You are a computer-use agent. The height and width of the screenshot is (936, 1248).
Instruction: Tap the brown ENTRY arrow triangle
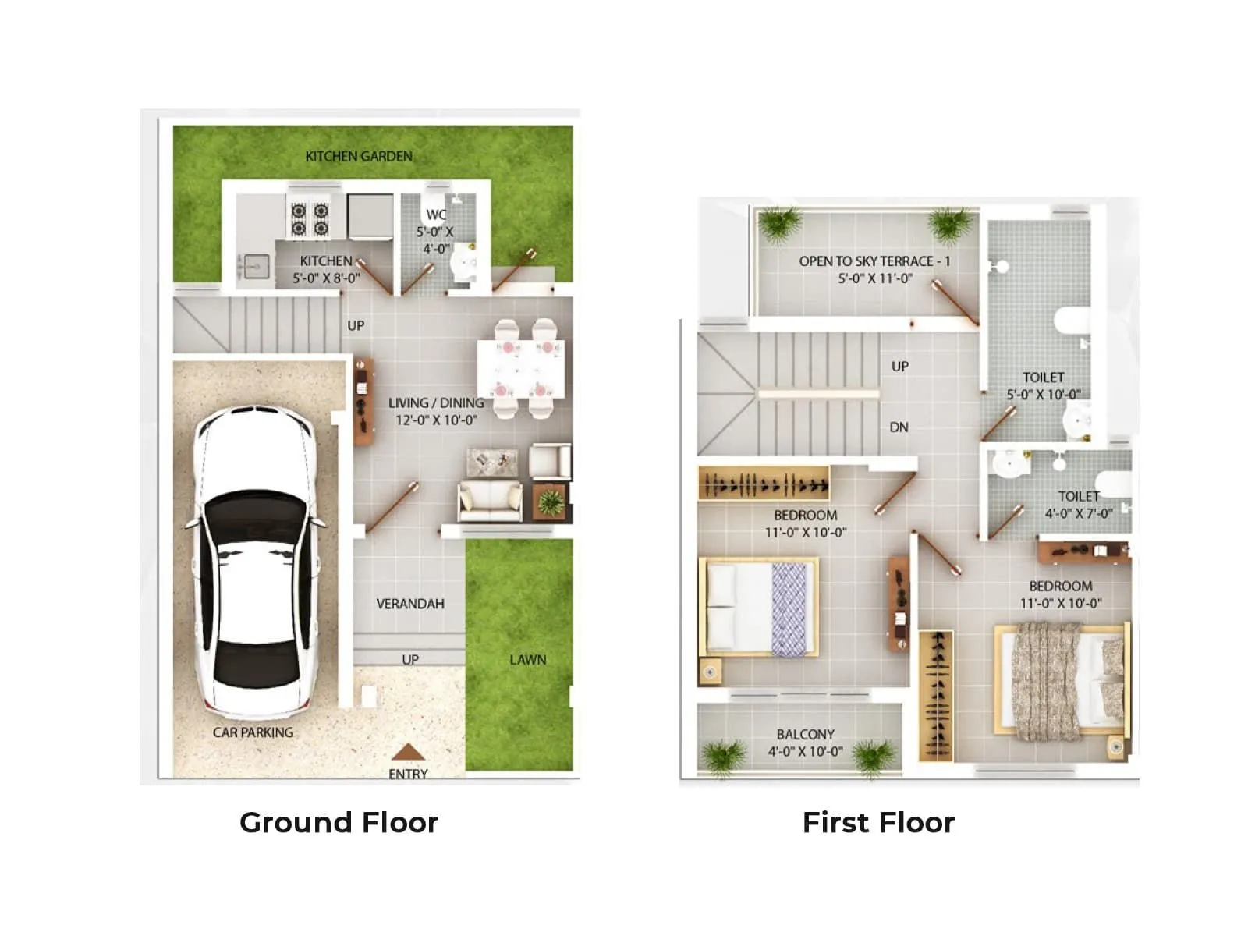pyautogui.click(x=408, y=753)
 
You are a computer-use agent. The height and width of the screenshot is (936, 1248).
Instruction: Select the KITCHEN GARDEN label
pyautogui.click(x=359, y=156)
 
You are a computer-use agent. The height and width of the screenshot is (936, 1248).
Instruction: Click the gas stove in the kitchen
pyautogui.click(x=310, y=219)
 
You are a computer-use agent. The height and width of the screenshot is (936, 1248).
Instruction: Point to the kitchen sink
pyautogui.click(x=254, y=267)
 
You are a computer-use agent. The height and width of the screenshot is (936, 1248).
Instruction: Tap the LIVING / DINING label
pyautogui.click(x=436, y=411)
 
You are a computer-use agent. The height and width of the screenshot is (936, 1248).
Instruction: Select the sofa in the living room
pyautogui.click(x=491, y=501)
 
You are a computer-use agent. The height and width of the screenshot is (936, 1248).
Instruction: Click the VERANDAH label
pyautogui.click(x=410, y=604)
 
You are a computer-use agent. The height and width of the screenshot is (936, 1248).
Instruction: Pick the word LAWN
pyautogui.click(x=528, y=660)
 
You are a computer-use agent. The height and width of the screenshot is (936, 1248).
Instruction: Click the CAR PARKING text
pyautogui.click(x=253, y=732)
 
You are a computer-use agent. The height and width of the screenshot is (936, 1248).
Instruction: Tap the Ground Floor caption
pyautogui.click(x=339, y=822)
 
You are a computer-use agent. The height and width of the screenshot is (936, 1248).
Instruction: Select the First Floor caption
pyautogui.click(x=878, y=822)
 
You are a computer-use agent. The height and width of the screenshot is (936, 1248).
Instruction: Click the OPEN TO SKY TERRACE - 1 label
pyautogui.click(x=874, y=269)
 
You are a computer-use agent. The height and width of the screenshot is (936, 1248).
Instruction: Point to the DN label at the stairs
pyautogui.click(x=899, y=427)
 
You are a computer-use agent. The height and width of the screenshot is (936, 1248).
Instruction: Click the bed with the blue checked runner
pyautogui.click(x=758, y=607)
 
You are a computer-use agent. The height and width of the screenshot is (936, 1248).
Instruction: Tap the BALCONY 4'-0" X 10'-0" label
pyautogui.click(x=805, y=743)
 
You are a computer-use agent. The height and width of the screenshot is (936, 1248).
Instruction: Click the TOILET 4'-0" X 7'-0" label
pyautogui.click(x=1079, y=505)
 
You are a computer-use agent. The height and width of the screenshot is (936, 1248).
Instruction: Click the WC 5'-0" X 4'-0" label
pyautogui.click(x=435, y=231)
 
